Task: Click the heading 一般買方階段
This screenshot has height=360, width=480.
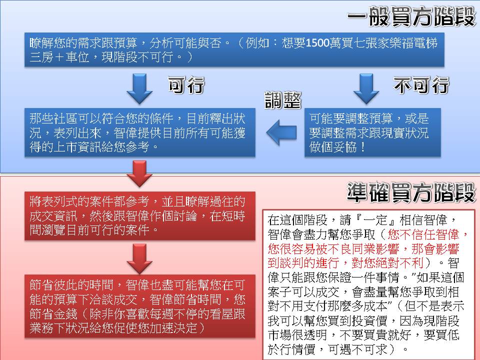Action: coord(410,18)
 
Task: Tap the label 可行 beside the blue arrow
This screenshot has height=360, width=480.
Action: coord(186,85)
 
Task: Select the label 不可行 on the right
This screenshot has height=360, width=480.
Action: coord(421,85)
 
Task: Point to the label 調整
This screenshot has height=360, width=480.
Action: coord(282,100)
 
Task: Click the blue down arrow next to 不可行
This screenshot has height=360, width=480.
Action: coord(366,88)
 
